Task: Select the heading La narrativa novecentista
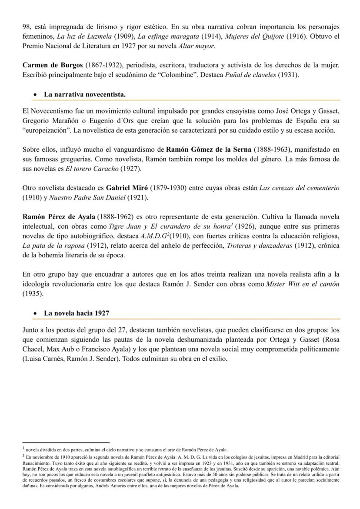click(85, 94)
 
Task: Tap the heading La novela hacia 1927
click(77, 313)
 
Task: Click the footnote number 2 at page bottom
click(23, 456)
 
